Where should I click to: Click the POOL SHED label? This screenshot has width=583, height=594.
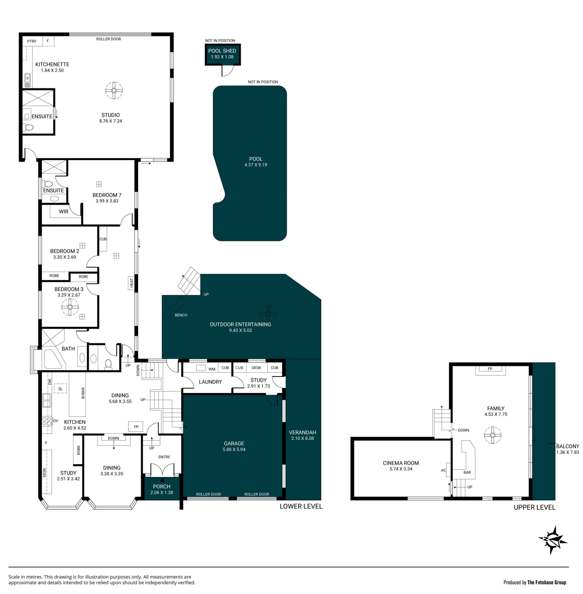tap(222, 51)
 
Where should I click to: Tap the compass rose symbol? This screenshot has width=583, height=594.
tap(553, 540)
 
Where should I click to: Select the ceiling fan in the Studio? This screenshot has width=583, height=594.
tap(114, 90)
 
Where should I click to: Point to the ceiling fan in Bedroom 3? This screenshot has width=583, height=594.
tap(70, 307)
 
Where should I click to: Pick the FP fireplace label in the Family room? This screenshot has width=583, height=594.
tap(490, 369)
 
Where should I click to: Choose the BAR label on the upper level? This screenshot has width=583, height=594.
tap(467, 472)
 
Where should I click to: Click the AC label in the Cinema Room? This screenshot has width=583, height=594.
tap(443, 470)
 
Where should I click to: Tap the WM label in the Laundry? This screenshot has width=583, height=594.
tap(212, 369)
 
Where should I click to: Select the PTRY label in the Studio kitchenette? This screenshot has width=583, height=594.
tap(31, 41)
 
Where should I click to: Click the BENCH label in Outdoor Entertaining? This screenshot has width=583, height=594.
tap(181, 315)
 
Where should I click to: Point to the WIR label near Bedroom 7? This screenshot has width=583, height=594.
tap(64, 211)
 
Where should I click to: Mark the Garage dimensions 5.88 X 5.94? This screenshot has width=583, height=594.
tap(234, 449)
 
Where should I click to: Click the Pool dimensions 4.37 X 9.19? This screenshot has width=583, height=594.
tap(256, 165)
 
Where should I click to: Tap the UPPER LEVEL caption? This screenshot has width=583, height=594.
tap(534, 507)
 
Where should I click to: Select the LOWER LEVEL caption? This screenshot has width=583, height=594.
tap(301, 506)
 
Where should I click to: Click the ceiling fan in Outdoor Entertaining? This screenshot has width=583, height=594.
tap(268, 314)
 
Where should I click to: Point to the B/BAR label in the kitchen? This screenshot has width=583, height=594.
tap(83, 393)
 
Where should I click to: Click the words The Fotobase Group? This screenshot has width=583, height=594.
tap(547, 582)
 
